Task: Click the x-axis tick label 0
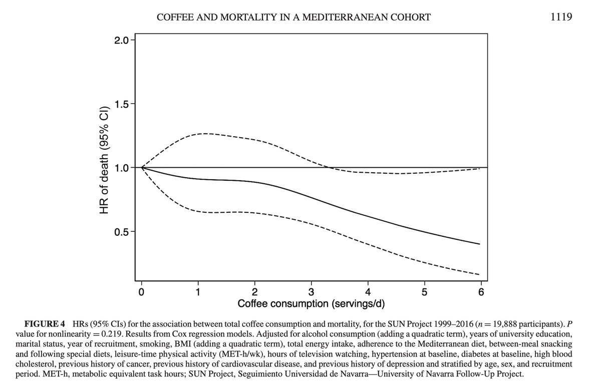(142, 292)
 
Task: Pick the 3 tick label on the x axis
(312, 292)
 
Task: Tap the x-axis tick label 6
(481, 292)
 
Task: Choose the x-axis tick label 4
(368, 292)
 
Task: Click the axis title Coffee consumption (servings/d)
(311, 304)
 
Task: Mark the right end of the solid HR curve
(480, 244)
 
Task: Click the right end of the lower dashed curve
(480, 274)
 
